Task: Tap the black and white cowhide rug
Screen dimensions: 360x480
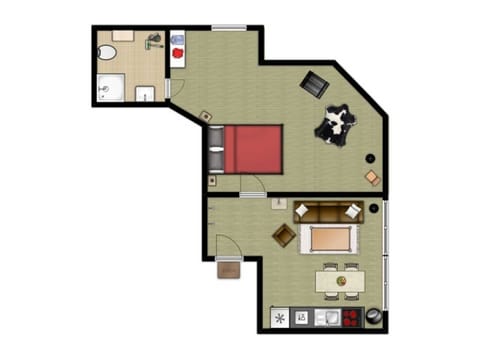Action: click(334, 125)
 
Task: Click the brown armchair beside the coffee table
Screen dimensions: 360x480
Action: click(285, 236)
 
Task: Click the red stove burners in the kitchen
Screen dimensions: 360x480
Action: click(351, 318)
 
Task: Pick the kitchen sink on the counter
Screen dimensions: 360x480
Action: click(326, 318)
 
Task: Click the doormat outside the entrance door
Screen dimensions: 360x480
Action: click(229, 269)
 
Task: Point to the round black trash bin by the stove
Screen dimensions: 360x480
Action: click(373, 317)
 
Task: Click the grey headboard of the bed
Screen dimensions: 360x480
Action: click(217, 149)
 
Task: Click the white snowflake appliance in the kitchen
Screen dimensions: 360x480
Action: click(279, 318)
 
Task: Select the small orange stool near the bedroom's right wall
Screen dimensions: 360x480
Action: click(371, 178)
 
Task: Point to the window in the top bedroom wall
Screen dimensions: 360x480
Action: click(229, 27)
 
